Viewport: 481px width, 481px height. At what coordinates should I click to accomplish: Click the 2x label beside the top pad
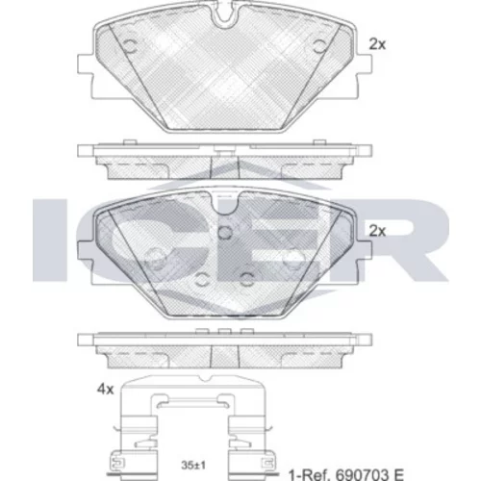377,44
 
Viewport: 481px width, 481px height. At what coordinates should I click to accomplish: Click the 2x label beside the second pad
377,231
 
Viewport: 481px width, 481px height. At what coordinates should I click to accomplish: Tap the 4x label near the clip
106,390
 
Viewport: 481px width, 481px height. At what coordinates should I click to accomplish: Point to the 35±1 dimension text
193,466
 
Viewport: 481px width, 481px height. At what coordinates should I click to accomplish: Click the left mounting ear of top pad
86,68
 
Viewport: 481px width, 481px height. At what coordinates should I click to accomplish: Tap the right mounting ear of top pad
365,68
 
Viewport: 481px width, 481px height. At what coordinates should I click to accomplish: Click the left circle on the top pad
131,46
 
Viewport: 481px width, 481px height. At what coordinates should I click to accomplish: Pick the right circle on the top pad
319,46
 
